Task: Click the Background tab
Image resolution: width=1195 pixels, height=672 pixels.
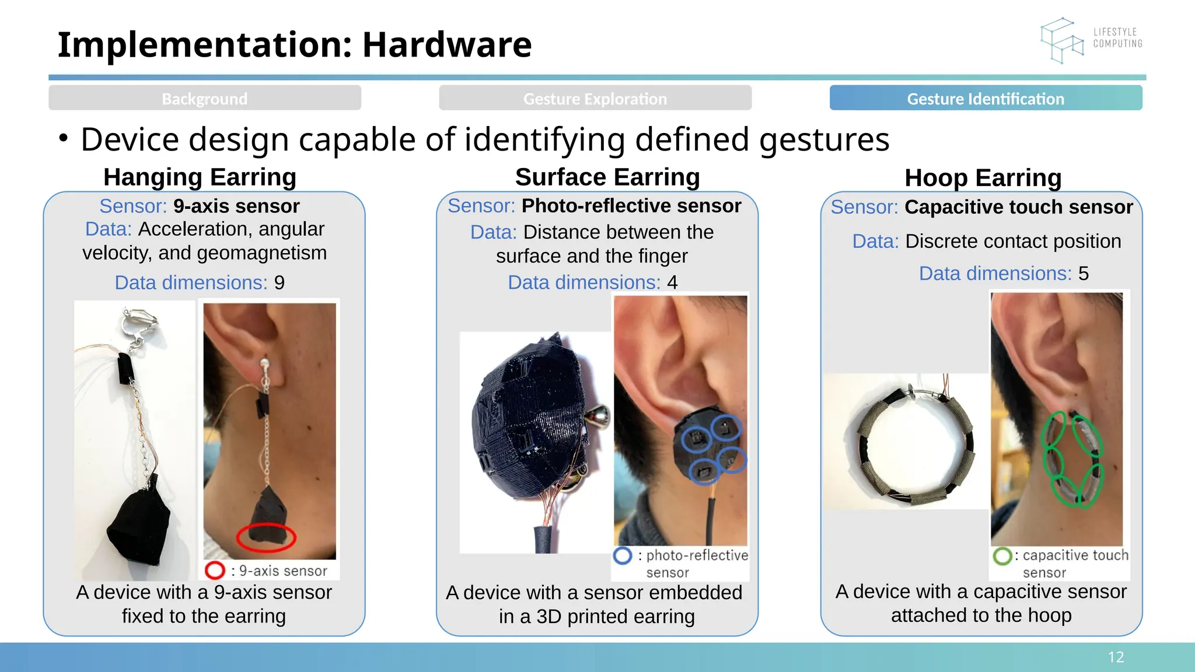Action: [x=204, y=98]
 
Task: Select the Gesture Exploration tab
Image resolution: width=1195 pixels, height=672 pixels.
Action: [x=595, y=98]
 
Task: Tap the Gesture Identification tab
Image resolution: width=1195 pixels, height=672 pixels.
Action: [x=986, y=98]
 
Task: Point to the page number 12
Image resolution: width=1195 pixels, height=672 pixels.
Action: [x=1116, y=657]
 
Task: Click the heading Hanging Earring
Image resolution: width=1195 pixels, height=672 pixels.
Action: [x=200, y=177]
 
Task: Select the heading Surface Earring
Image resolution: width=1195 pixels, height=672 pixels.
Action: [x=607, y=177]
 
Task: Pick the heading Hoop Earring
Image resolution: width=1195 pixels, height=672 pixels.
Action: [x=983, y=178]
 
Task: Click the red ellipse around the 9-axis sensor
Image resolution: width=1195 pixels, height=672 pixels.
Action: [x=266, y=537]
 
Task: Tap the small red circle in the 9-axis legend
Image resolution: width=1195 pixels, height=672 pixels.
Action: [x=215, y=570]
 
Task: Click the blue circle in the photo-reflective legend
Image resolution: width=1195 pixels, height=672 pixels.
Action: [x=623, y=555]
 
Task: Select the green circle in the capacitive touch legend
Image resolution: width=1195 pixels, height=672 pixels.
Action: [x=1002, y=556]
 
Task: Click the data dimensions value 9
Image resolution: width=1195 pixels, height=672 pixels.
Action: [x=279, y=283]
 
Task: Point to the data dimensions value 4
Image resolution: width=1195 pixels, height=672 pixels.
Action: [x=672, y=283]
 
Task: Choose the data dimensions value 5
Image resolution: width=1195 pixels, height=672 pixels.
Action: [x=1083, y=274]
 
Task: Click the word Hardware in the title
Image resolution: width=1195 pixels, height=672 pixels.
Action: [x=446, y=44]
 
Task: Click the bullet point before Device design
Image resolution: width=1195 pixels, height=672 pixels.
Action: [x=64, y=139]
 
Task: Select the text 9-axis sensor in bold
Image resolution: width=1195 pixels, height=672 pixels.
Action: [x=236, y=206]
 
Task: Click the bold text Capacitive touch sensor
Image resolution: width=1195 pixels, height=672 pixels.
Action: [x=1018, y=207]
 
